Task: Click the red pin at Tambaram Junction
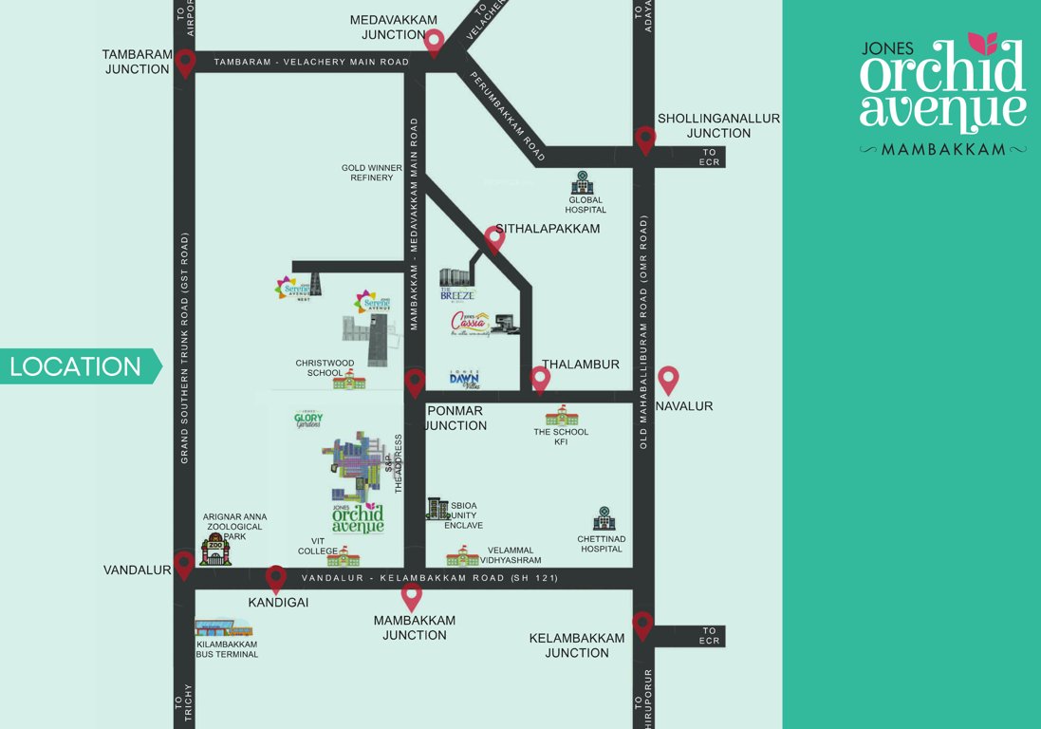185,63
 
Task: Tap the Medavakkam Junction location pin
435,42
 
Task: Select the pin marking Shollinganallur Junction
645,140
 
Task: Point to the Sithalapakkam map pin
494,238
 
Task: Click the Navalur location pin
668,380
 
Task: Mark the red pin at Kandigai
276,578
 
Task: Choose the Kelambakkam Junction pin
643,626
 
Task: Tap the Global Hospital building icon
582,183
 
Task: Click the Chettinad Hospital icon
603,518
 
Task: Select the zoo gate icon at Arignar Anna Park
215,551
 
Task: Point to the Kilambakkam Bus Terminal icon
223,627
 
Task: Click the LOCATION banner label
76,366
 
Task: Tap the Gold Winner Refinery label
372,173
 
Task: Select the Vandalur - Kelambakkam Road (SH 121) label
430,578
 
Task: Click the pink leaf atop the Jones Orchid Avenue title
982,43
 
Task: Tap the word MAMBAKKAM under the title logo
943,149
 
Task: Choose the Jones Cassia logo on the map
472,323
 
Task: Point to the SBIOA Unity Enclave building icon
437,509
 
